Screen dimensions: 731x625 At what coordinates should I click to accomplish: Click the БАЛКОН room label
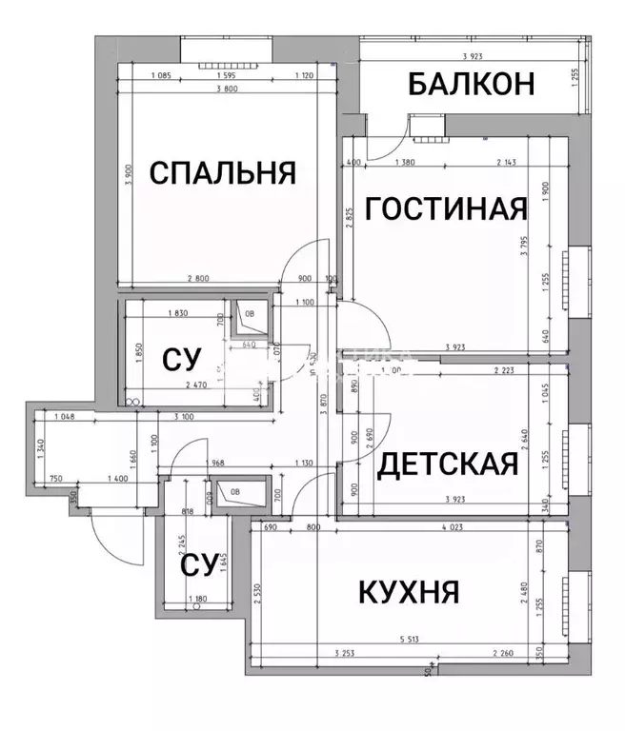tap(470, 84)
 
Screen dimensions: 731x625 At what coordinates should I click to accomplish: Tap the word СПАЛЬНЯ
tap(223, 173)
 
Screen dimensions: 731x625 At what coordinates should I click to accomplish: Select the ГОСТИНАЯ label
tap(447, 207)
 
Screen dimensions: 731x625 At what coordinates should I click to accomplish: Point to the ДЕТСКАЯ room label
tap(448, 464)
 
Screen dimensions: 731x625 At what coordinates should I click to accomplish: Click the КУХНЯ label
tap(409, 591)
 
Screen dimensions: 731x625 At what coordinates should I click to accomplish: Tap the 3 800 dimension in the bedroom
tap(227, 89)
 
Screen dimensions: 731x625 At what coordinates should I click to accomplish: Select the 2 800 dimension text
tap(198, 279)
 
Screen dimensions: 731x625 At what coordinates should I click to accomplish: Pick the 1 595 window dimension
tap(227, 76)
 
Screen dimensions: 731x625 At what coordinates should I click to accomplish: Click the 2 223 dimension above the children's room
tap(510, 370)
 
